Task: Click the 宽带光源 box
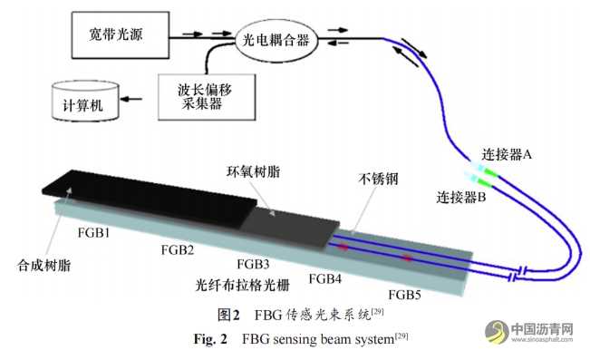[121, 36]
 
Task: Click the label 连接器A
[501, 155]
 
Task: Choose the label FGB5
[405, 294]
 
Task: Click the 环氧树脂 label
[252, 170]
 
